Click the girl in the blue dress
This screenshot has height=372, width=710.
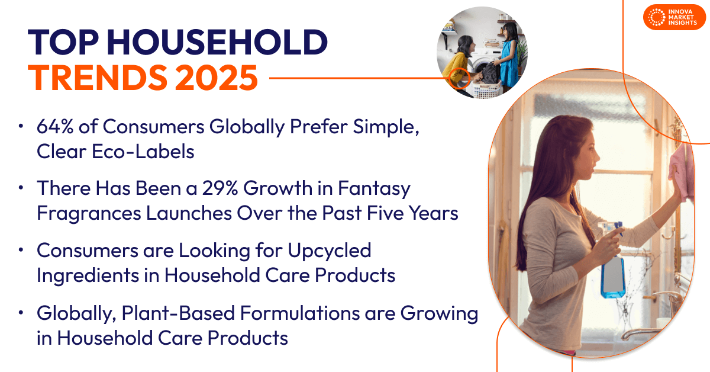508,56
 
